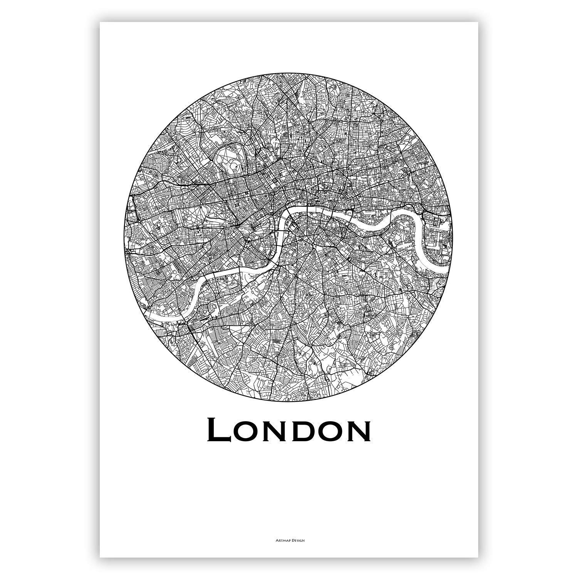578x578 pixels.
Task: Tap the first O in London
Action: [x=247, y=432]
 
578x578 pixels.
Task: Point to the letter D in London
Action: [x=304, y=432]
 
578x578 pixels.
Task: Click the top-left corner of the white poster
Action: [x=100, y=22]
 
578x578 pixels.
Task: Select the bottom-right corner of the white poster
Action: [x=478, y=557]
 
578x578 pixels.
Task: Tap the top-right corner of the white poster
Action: [x=478, y=22]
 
